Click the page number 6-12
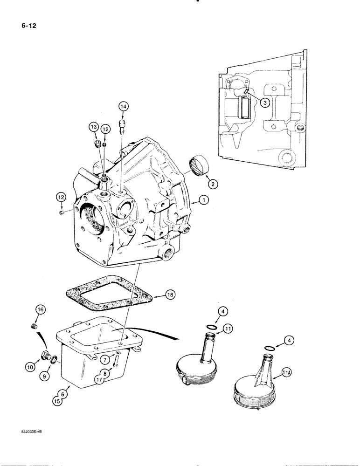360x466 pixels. click(26, 25)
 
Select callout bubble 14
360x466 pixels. click(123, 106)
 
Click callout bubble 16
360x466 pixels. click(40, 309)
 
